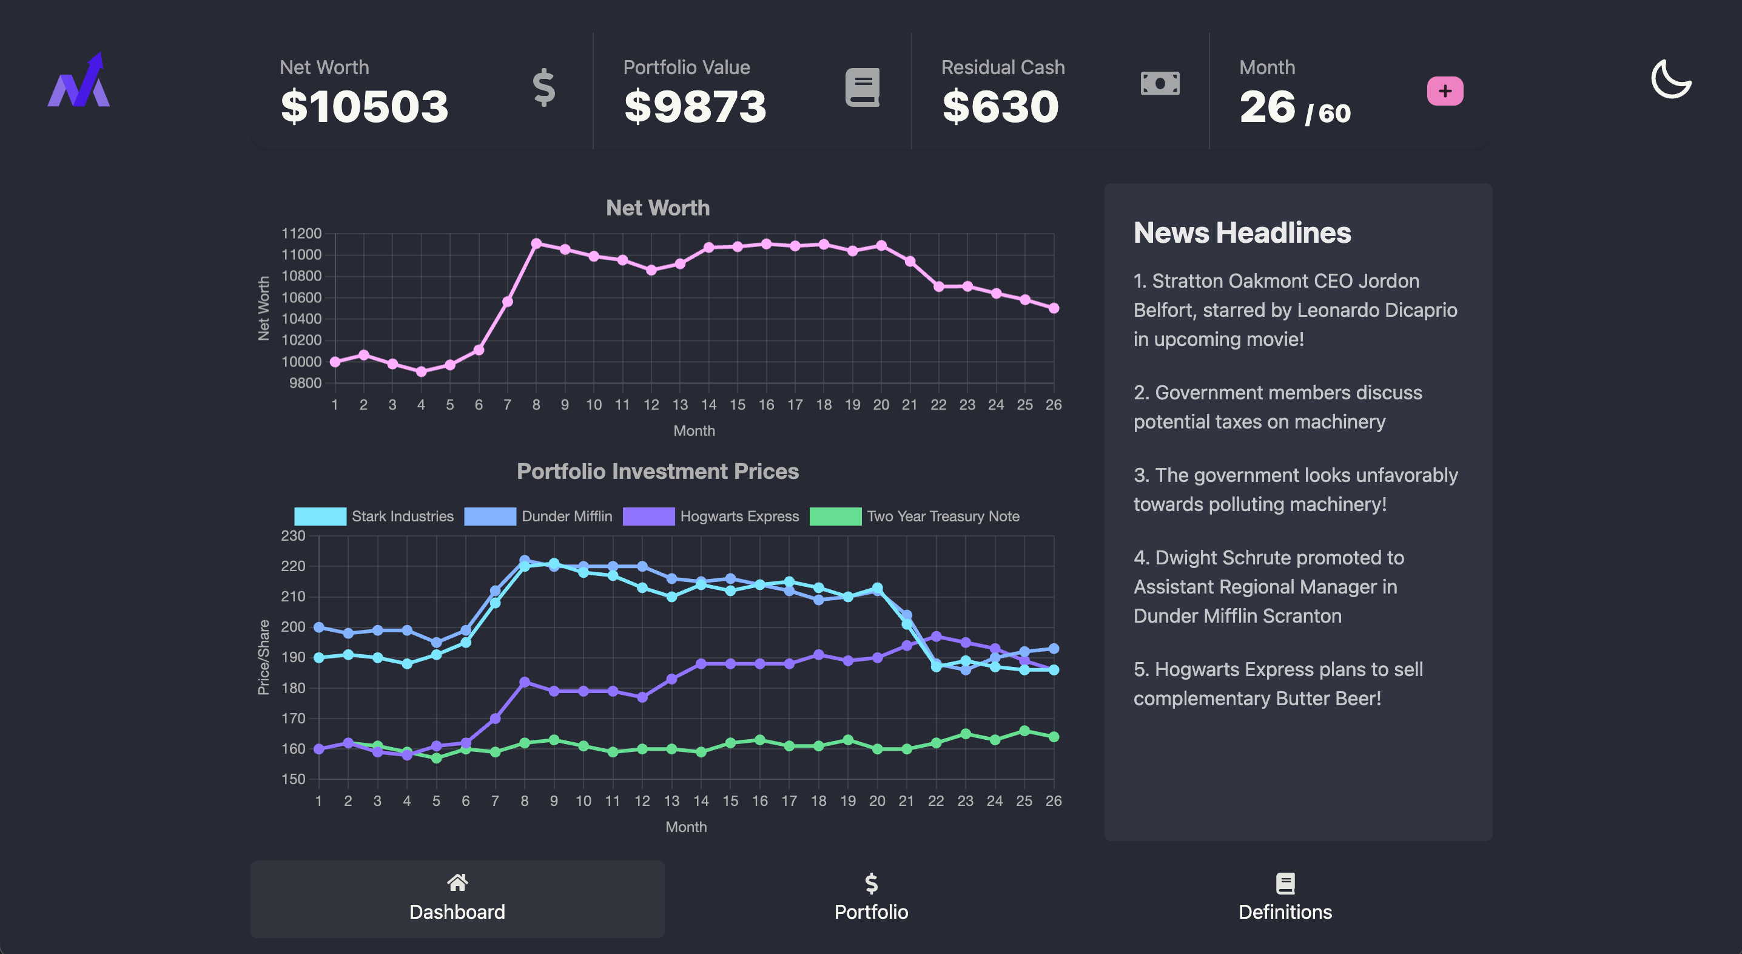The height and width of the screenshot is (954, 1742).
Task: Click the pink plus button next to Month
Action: click(1444, 90)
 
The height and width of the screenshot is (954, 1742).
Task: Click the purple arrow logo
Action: click(79, 81)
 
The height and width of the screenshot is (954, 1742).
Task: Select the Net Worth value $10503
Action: click(364, 107)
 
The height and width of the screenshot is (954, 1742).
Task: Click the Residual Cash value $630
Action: click(1000, 107)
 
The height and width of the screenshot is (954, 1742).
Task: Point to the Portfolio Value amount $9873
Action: click(694, 107)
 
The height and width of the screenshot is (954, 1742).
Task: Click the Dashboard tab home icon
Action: click(457, 882)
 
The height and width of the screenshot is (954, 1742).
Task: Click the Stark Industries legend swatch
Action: click(320, 516)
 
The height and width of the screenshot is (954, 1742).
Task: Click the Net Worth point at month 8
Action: click(536, 243)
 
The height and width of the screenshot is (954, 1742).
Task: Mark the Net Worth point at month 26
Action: click(1053, 308)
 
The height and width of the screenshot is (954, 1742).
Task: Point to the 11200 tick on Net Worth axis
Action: click(301, 234)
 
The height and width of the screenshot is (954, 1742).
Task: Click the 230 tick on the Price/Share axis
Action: click(293, 536)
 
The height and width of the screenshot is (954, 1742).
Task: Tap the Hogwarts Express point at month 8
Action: click(524, 682)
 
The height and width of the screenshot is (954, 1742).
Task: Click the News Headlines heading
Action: click(1242, 233)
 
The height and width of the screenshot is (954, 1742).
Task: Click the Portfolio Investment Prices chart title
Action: click(657, 471)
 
